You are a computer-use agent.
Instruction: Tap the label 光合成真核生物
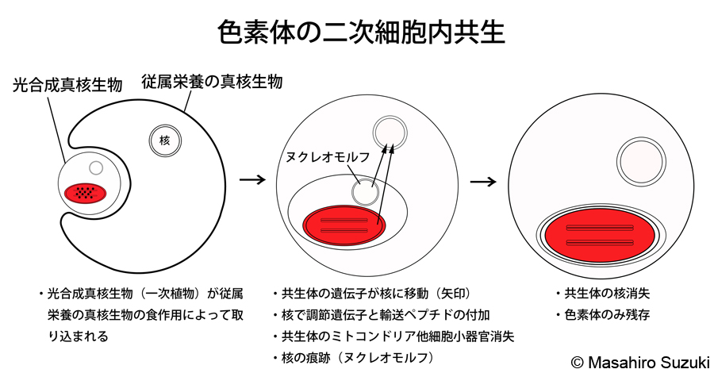[68, 85]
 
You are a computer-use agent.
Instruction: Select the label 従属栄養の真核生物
[212, 81]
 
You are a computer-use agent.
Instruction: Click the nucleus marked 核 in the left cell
[165, 140]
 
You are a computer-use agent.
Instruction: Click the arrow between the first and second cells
[251, 179]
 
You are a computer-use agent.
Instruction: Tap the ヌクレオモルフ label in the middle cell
[328, 156]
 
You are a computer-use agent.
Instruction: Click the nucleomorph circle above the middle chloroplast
[365, 190]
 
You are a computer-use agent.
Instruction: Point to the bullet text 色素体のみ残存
[607, 314]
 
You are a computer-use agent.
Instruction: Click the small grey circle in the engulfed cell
[96, 168]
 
